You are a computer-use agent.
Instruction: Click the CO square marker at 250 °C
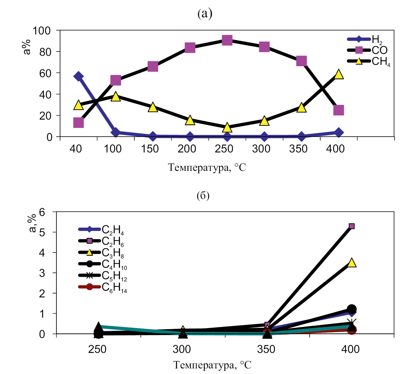227,40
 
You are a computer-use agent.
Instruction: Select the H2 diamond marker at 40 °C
78,76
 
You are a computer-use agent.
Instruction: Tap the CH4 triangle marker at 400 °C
338,74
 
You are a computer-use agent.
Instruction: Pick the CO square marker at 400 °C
338,110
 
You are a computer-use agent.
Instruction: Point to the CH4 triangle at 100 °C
115,96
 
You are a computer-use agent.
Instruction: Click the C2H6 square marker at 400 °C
352,226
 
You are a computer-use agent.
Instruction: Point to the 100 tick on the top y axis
42,31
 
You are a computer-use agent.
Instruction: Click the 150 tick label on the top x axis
150,149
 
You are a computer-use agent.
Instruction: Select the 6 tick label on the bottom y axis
42,212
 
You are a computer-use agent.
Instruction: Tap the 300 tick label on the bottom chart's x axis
182,349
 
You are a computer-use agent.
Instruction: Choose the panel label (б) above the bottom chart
203,196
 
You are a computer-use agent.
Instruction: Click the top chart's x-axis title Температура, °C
207,168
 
